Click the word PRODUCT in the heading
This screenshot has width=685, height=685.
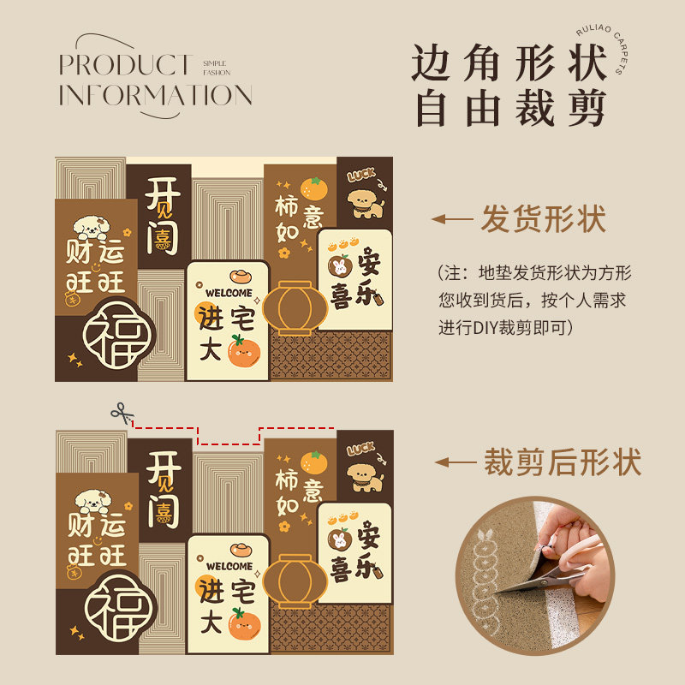pyautogui.click(x=125, y=64)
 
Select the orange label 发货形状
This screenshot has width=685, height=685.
pyautogui.click(x=543, y=219)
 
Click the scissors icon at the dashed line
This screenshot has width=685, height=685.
pyautogui.click(x=122, y=414)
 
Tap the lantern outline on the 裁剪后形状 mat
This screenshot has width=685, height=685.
pyautogui.click(x=293, y=581)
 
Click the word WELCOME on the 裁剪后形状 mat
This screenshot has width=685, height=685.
pyautogui.click(x=229, y=566)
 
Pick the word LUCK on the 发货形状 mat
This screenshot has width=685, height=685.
pyautogui.click(x=361, y=175)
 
